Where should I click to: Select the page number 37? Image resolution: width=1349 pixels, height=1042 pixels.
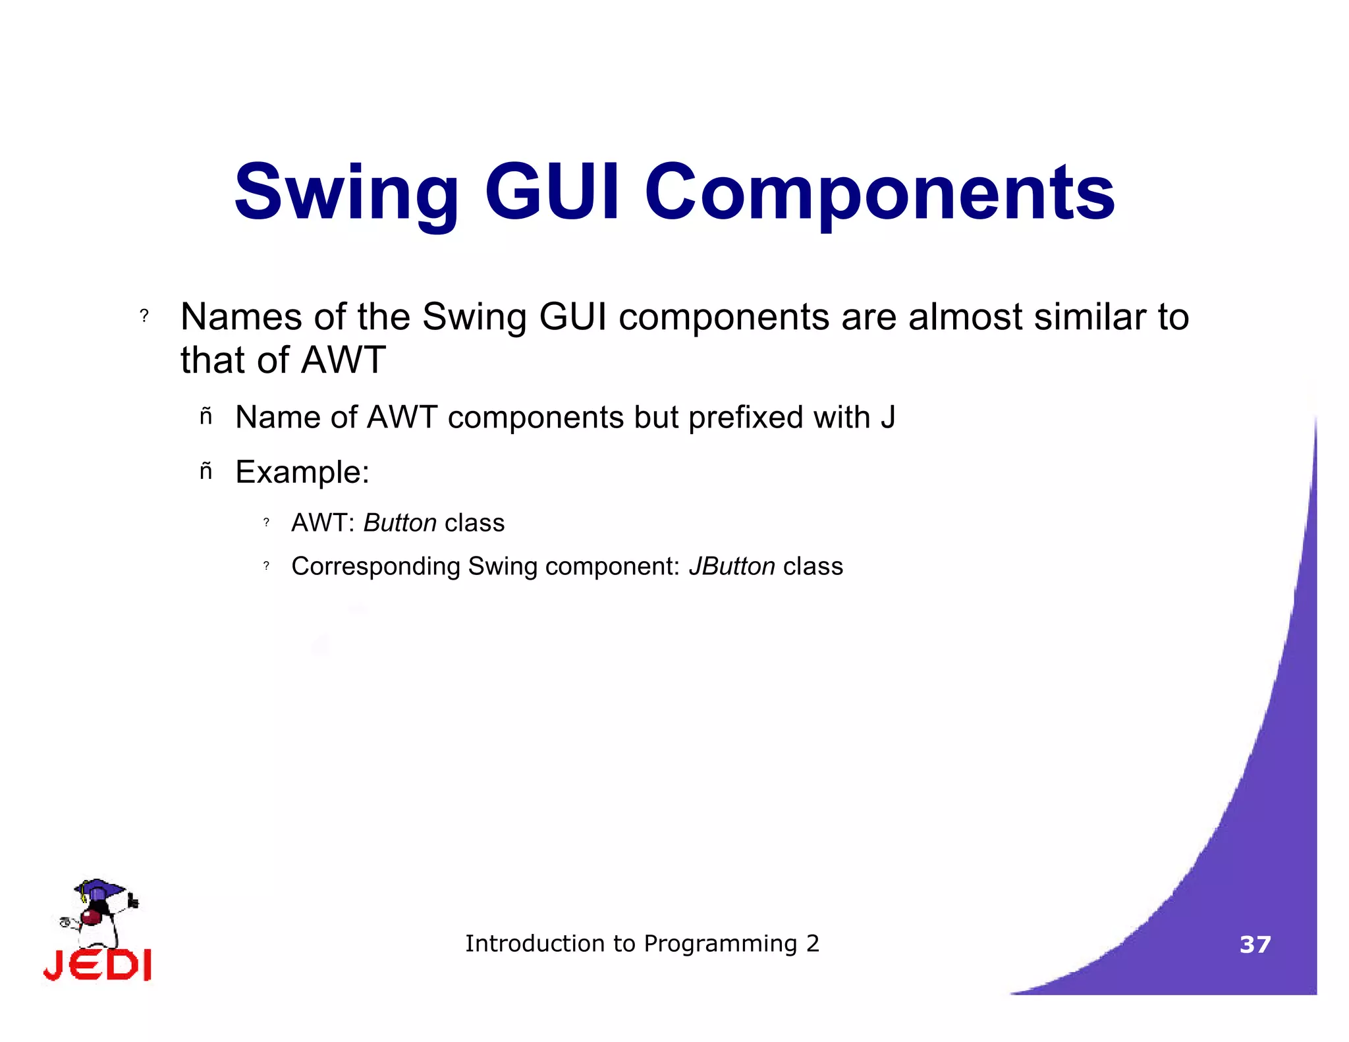1255,945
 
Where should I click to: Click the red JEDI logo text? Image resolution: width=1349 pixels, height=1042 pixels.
97,966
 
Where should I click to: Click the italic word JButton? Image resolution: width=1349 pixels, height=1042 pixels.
732,566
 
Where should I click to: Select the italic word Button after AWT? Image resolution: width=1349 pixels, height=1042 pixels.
400,523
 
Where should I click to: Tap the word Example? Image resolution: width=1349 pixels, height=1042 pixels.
302,472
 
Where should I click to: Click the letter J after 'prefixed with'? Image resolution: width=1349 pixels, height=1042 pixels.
887,418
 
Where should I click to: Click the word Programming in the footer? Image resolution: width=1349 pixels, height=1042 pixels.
721,944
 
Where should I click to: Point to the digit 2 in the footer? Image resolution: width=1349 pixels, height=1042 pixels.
813,944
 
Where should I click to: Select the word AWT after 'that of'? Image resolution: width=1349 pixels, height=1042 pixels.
343,360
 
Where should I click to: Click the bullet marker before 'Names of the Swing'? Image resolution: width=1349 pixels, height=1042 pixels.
144,316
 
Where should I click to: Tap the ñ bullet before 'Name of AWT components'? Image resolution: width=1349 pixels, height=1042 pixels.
206,417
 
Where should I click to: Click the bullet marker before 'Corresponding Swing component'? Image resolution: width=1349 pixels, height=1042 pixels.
266,566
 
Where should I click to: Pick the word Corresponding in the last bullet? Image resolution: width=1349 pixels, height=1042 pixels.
375,566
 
